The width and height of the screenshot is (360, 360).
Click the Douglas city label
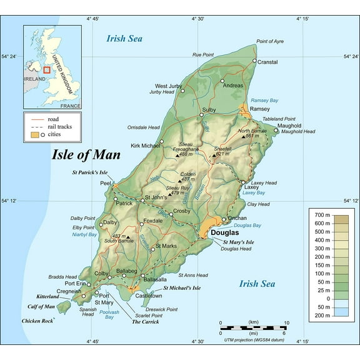[224, 232]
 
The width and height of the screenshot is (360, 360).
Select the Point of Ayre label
[270, 41]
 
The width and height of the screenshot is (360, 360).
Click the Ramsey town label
[259, 109]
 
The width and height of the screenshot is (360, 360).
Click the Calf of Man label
[41, 306]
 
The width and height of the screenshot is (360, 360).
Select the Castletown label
[149, 296]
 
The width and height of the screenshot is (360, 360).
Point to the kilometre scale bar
[253, 327]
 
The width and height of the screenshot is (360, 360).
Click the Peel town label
[106, 184]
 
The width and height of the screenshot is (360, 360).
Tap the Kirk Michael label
[146, 146]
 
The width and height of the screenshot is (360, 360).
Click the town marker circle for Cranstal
[254, 61]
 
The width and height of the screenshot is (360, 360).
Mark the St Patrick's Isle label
[91, 172]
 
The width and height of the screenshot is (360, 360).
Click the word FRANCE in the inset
[70, 107]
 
